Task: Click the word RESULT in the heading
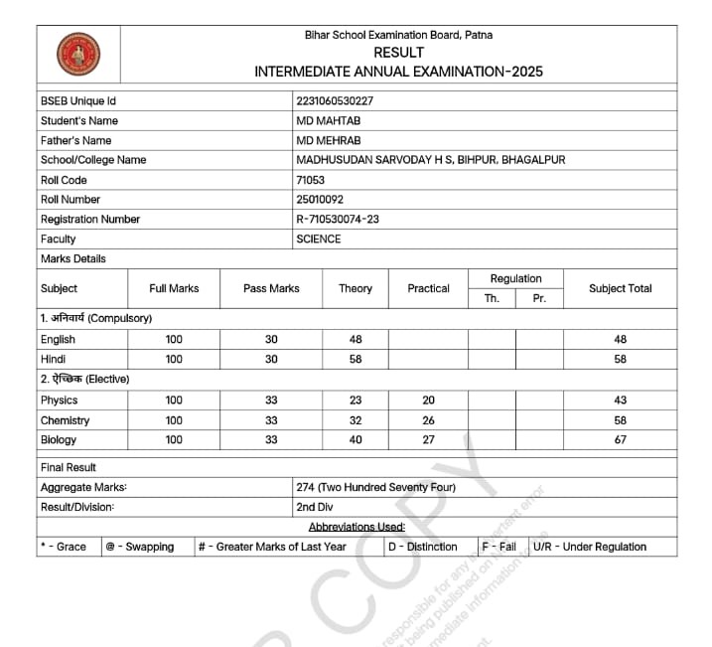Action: click(398, 53)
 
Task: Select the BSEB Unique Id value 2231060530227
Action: click(335, 101)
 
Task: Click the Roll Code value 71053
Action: click(311, 180)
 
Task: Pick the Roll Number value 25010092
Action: click(320, 200)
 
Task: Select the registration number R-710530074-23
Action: click(338, 220)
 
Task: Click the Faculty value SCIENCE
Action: click(319, 240)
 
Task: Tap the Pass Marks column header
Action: click(271, 288)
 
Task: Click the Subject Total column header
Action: click(620, 288)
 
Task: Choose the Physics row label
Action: click(59, 401)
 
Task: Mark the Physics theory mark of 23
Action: click(356, 401)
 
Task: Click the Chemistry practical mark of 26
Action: click(428, 420)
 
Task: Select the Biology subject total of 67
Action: click(620, 440)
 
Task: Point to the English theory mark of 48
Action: click(356, 340)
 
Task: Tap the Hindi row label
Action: click(53, 360)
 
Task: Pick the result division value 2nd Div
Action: click(315, 507)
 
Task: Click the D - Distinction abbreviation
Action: click(422, 547)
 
